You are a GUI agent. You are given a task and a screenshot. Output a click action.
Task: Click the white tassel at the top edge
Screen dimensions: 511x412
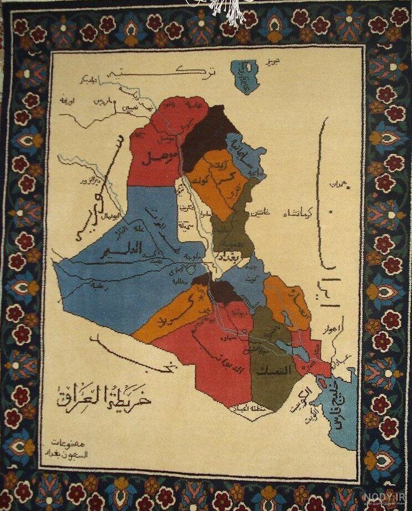223,8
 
